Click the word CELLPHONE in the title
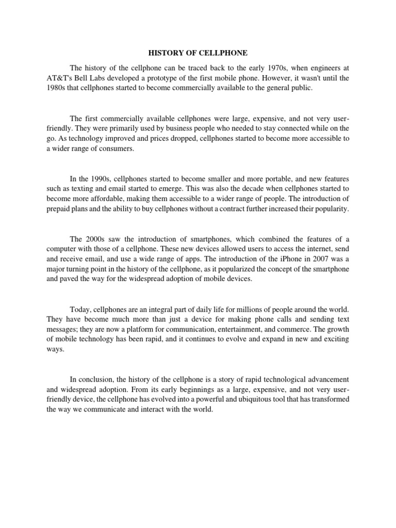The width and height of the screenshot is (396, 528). [x=218, y=53]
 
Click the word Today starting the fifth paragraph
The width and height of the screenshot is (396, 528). [x=80, y=309]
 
